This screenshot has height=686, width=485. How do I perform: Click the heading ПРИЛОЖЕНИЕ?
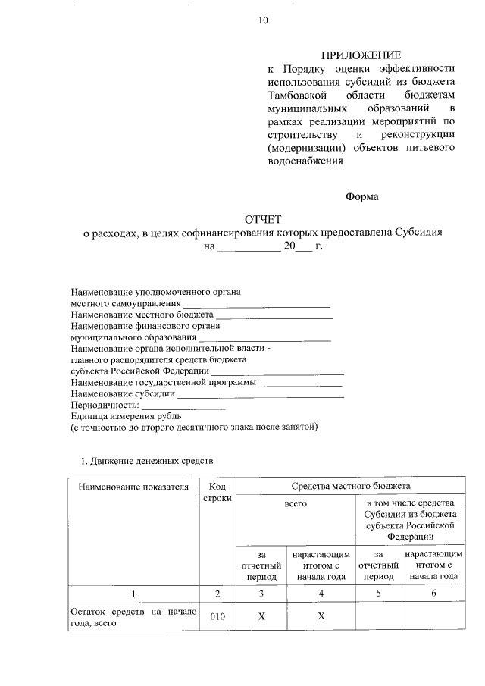[x=361, y=55]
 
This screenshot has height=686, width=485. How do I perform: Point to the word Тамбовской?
[x=296, y=95]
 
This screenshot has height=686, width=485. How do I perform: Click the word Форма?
[x=361, y=196]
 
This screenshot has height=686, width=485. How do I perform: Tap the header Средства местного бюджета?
[x=350, y=485]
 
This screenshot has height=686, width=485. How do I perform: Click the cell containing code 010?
[x=217, y=617]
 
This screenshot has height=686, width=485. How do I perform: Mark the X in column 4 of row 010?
[x=321, y=617]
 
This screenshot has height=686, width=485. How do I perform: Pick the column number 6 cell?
[x=433, y=594]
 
